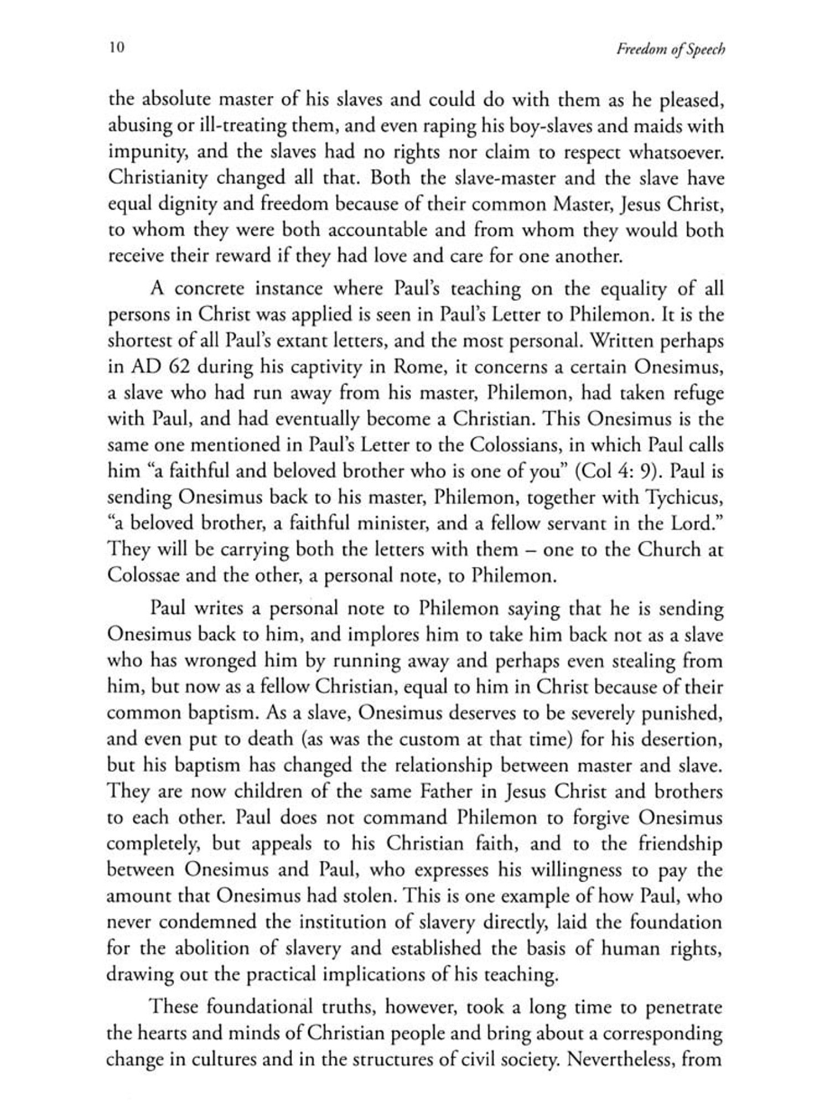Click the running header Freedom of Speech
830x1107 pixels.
coord(670,49)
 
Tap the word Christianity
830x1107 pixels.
coord(158,178)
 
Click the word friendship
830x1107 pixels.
coord(680,844)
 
